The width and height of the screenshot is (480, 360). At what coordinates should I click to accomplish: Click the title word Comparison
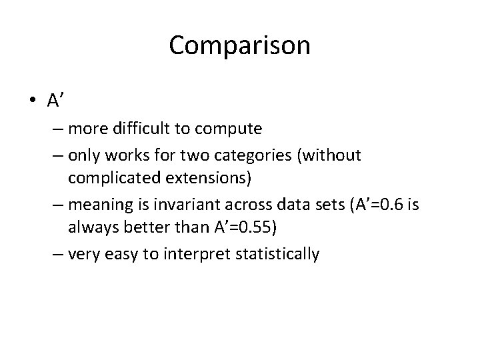(x=239, y=45)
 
